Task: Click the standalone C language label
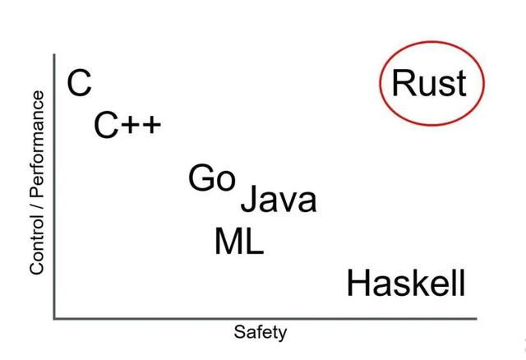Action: (80, 83)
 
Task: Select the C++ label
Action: (127, 127)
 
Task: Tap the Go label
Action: (212, 178)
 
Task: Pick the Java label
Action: (278, 200)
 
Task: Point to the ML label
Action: (239, 242)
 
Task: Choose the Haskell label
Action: (406, 284)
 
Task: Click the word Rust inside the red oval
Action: (429, 83)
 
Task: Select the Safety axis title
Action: (261, 333)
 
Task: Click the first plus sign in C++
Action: (132, 127)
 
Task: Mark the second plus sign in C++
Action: (152, 127)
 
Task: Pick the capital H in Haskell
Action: (359, 284)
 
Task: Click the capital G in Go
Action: (201, 178)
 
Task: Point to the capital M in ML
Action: (228, 242)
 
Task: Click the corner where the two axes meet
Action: (54, 316)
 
